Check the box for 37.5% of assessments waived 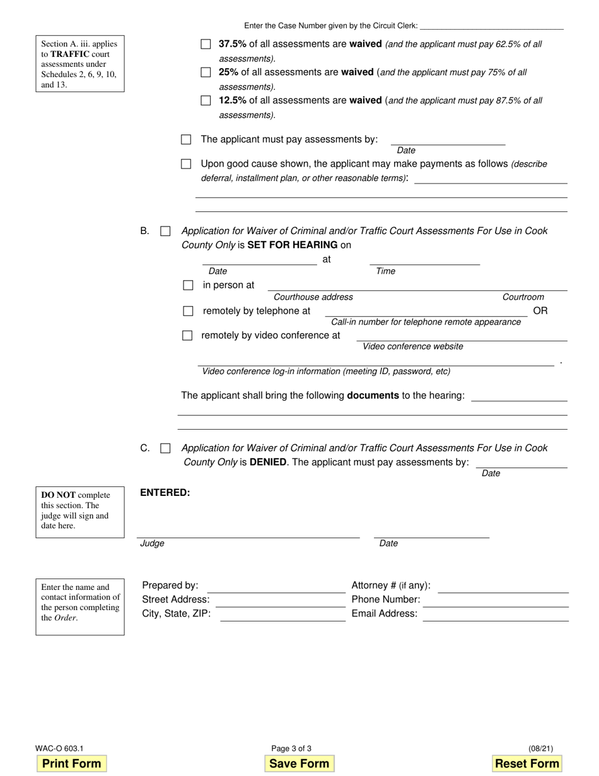coord(206,44)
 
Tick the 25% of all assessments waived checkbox coord(206,73)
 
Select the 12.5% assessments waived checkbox coord(206,100)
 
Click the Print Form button coord(71,763)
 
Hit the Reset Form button coord(527,763)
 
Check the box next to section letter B coord(165,232)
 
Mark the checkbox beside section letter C coord(165,449)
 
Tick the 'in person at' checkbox coord(188,285)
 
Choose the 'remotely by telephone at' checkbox coord(188,311)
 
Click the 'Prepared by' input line coord(276,587)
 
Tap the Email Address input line coord(496,616)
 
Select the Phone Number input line coord(496,602)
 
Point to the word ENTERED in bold coord(165,493)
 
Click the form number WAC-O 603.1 coord(60,749)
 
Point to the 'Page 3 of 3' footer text coord(291,749)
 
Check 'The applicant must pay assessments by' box coord(186,139)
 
